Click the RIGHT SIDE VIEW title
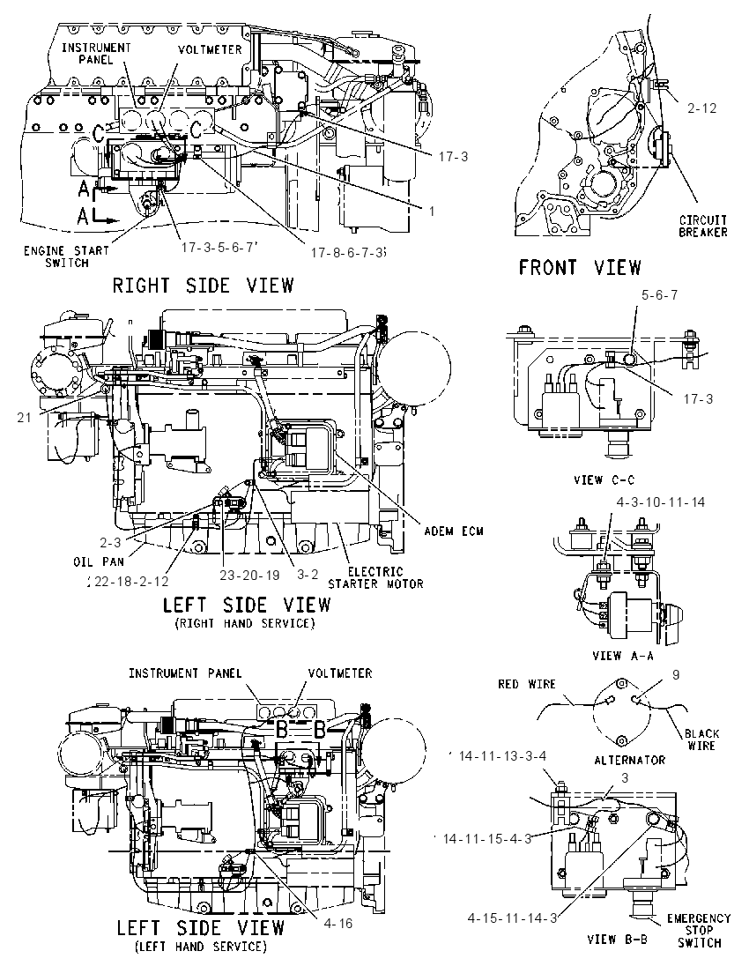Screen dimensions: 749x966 coord(204,286)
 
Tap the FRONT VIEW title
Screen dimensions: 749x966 coord(580,267)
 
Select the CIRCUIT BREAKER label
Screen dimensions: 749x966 coord(703,227)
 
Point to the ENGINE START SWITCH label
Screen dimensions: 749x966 coord(66,256)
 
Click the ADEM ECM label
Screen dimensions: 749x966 coord(454,531)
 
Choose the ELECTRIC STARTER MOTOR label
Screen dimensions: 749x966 coord(375,578)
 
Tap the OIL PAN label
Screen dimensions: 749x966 coord(99,561)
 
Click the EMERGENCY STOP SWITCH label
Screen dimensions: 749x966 coord(699,930)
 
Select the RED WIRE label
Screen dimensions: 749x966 coord(527,685)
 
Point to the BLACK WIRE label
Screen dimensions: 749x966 coord(701,739)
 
